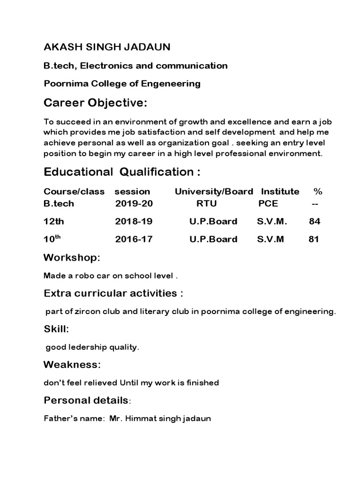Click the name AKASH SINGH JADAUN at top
tap(107, 47)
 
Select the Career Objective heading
tap(96, 103)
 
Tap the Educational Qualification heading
tap(122, 172)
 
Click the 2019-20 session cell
tap(134, 204)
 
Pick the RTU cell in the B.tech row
tap(206, 204)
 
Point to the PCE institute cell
tap(268, 204)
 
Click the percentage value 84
tap(315, 221)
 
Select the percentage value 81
tap(314, 239)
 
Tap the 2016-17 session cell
tap(134, 239)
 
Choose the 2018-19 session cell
tap(134, 221)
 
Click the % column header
tap(318, 191)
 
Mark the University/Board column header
tap(214, 191)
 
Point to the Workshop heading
tap(72, 258)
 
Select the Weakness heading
tap(72, 364)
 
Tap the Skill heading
tap(56, 330)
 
